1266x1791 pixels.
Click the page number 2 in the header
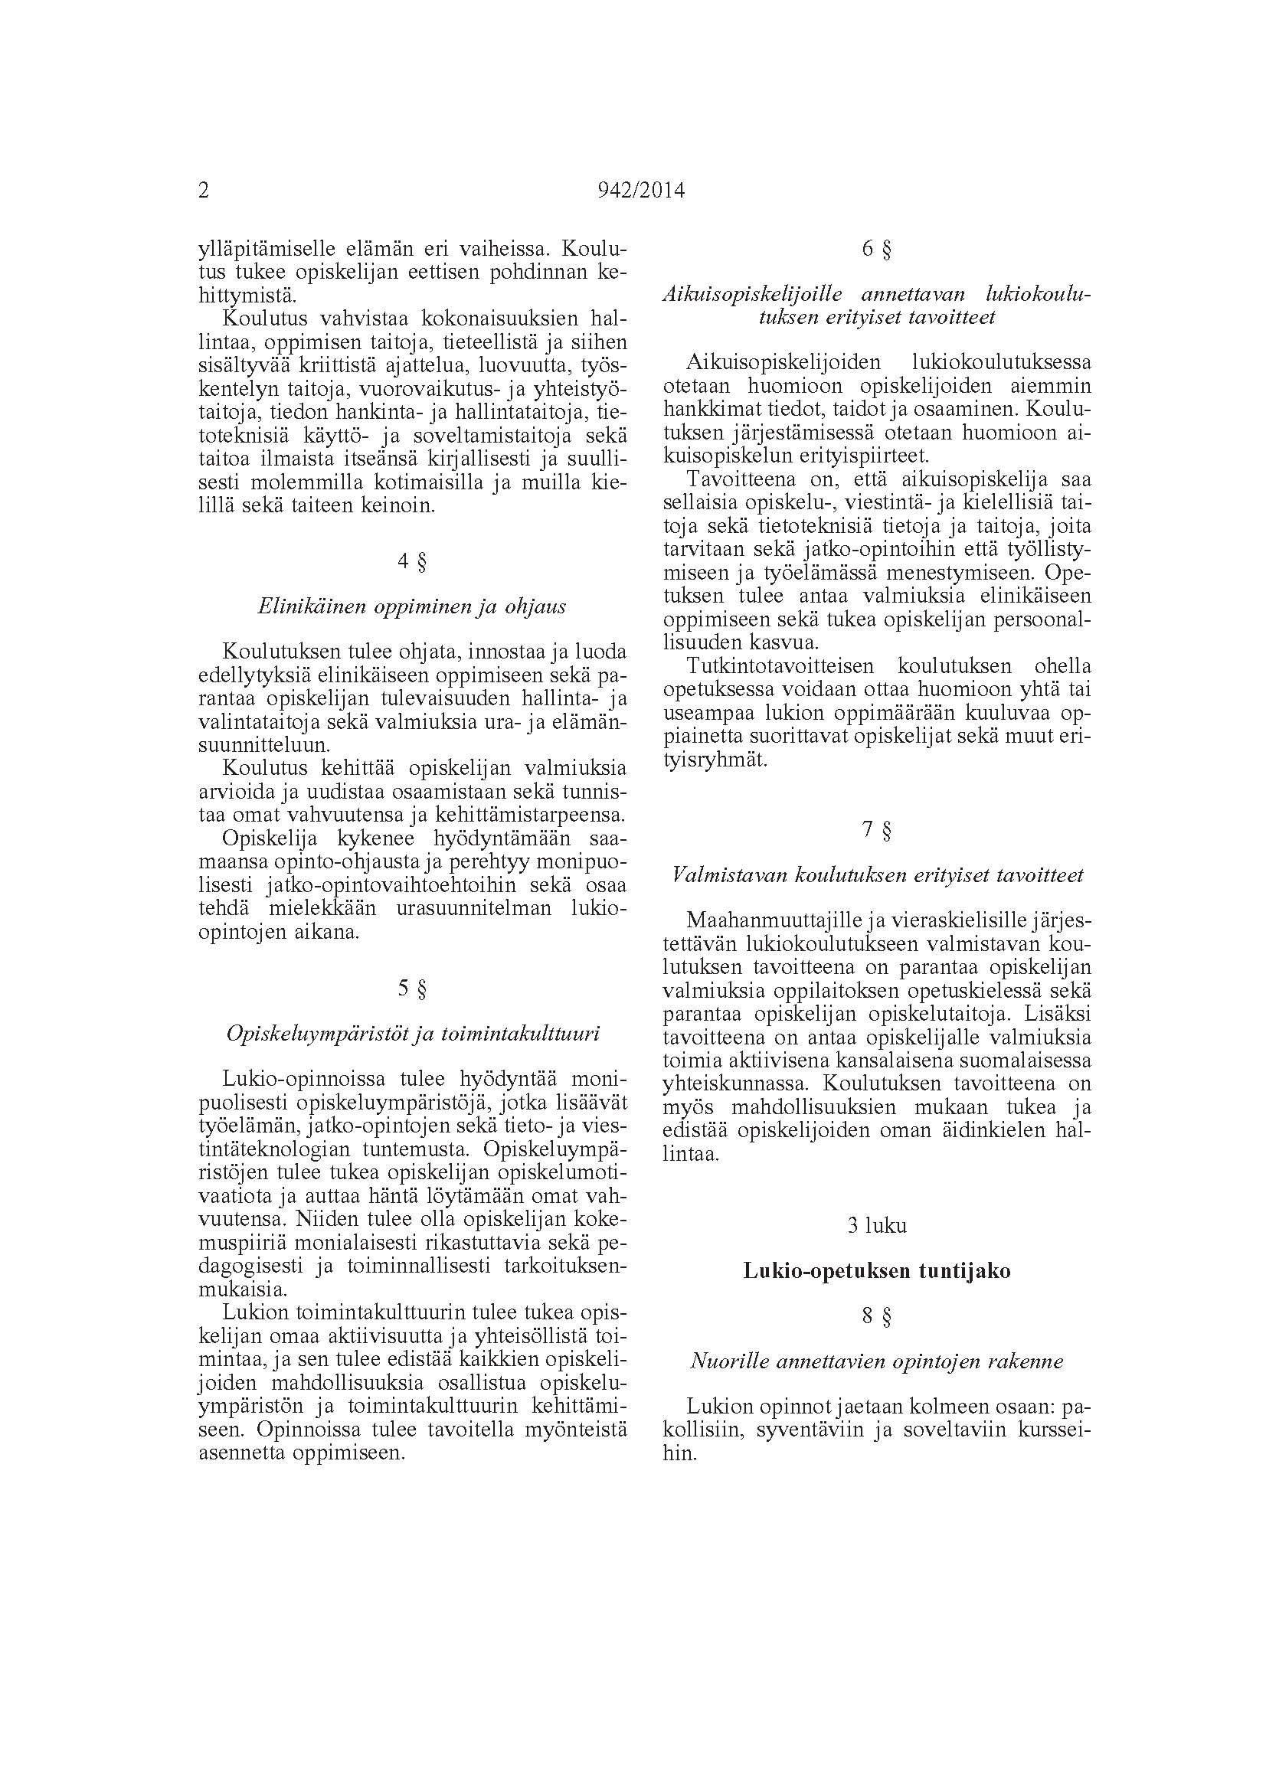204,191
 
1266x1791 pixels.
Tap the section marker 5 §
412,989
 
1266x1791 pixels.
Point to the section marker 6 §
877,249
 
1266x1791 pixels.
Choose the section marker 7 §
877,830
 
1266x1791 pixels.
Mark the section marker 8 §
877,1317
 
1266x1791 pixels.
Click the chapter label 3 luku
877,1225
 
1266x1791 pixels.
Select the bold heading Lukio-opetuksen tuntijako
877,1272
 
